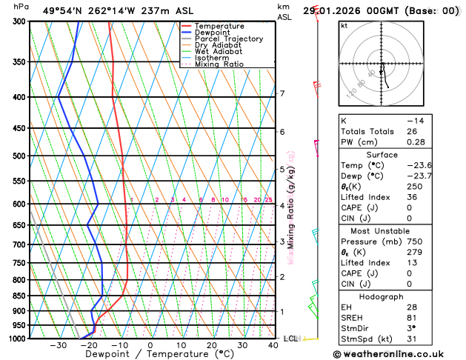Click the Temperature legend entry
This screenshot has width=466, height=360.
[x=220, y=26]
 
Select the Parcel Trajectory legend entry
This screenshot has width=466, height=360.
[x=228, y=39]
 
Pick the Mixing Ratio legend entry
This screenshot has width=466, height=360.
[x=219, y=64]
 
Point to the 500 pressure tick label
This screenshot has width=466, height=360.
[x=21, y=156]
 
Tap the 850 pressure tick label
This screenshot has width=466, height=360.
[x=21, y=296]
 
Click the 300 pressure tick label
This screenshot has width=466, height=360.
[x=21, y=21]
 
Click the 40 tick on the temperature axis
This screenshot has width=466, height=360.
[x=273, y=345]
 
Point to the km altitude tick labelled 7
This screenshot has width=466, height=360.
[x=282, y=93]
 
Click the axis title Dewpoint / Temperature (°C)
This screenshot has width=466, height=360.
[x=150, y=354]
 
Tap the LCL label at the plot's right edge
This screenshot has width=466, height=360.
[x=290, y=339]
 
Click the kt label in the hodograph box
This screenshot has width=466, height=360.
[x=344, y=25]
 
